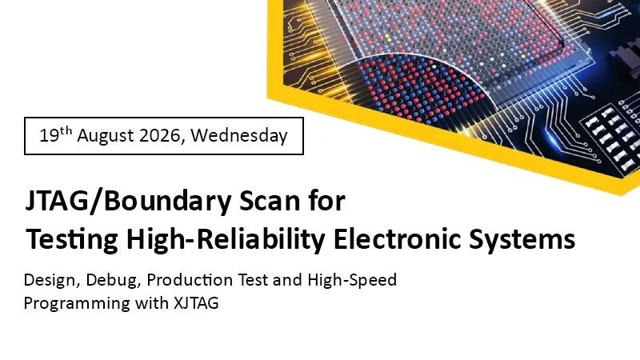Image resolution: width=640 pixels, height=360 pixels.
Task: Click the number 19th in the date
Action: [x=56, y=134]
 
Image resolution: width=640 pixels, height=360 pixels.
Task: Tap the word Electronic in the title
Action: [x=397, y=238]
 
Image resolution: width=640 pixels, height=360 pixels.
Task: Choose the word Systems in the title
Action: [x=522, y=240]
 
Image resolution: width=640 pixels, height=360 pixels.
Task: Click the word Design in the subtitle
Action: [x=50, y=281]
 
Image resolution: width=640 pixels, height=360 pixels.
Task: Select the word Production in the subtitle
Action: [x=190, y=280]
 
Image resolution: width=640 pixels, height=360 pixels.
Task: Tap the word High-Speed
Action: [x=352, y=281]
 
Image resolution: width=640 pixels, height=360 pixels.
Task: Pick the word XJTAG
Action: [x=196, y=303]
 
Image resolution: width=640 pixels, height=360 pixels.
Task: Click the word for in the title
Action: [x=328, y=202]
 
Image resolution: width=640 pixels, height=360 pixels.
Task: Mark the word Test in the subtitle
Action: [x=253, y=280]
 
